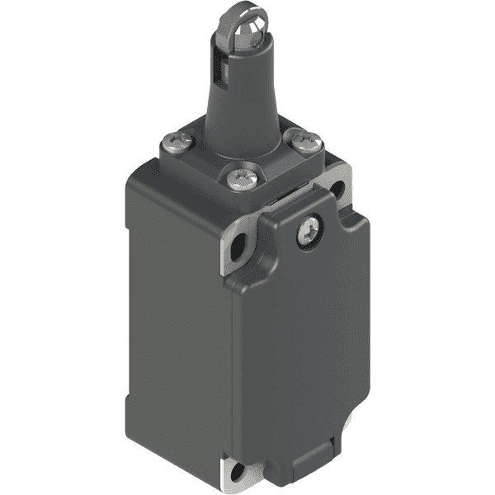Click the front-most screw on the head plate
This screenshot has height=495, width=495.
(x=239, y=176)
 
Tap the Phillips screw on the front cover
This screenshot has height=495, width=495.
(x=307, y=233)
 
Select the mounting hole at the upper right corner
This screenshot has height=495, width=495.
(x=338, y=190)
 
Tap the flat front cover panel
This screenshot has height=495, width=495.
(x=305, y=346)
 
